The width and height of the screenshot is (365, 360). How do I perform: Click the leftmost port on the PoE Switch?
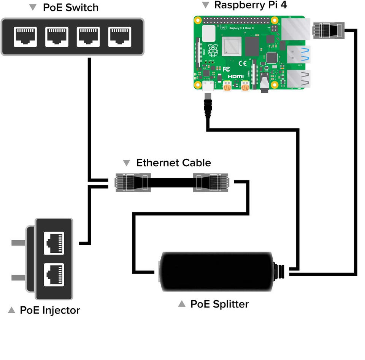point(25,37)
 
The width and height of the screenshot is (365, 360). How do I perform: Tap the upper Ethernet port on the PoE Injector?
point(54,243)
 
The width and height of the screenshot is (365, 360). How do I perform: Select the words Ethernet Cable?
point(173,163)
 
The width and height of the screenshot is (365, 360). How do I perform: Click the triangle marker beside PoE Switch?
point(33,7)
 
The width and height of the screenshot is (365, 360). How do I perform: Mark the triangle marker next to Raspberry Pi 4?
point(206,5)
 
